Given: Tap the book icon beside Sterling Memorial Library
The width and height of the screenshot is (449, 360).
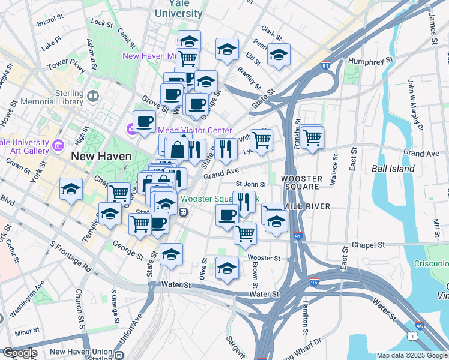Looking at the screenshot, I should (x=93, y=96).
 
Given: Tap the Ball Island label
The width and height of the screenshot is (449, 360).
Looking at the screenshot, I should (x=393, y=169).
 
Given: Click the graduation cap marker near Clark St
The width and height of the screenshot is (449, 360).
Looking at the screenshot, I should (x=279, y=55).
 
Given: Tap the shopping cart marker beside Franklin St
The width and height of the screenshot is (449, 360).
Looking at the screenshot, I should (x=313, y=137).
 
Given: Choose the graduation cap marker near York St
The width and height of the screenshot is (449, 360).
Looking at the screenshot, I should (x=71, y=190).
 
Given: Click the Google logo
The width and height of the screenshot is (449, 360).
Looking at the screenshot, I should (x=20, y=353).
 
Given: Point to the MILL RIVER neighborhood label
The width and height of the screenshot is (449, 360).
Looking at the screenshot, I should (x=307, y=206).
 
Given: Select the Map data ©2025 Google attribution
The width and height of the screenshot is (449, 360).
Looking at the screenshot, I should (x=412, y=355).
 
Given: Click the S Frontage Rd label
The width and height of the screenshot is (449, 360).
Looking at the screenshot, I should (x=71, y=256).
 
